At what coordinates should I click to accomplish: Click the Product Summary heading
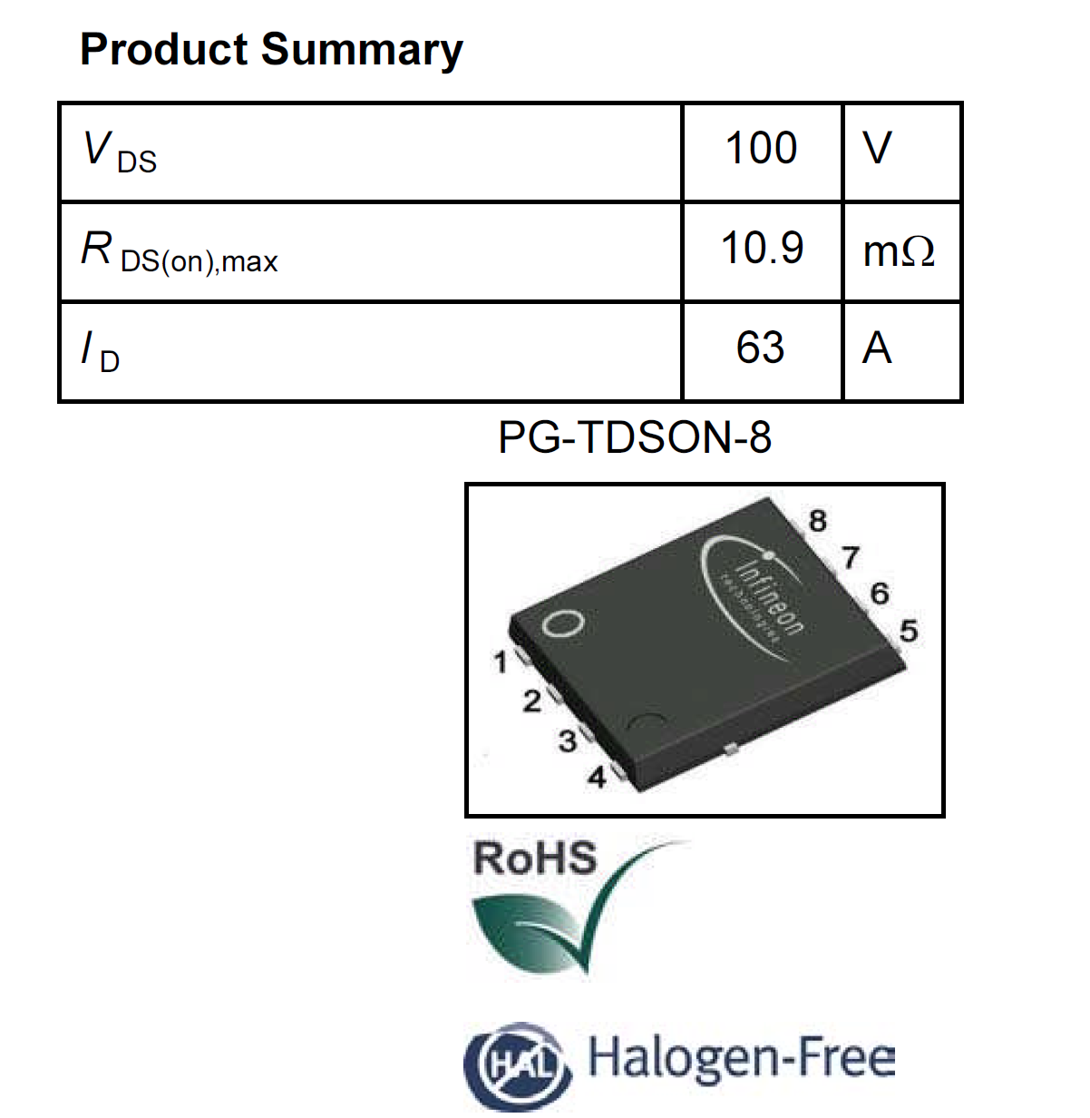[271, 49]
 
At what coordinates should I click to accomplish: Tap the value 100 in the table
[761, 149]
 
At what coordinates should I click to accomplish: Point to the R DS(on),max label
[180, 252]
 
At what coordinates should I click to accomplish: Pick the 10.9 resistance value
[762, 249]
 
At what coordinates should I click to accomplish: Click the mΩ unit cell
[899, 251]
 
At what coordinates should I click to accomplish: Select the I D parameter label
[101, 352]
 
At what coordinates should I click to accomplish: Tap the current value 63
[760, 348]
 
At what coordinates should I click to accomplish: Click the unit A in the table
[877, 348]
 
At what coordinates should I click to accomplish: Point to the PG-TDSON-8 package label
[635, 438]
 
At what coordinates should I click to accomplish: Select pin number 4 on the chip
[598, 778]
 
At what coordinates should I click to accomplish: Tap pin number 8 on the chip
[818, 522]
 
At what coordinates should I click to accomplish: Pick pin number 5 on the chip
[908, 631]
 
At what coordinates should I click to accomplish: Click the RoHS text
[535, 858]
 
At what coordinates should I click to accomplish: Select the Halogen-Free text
[742, 1058]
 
